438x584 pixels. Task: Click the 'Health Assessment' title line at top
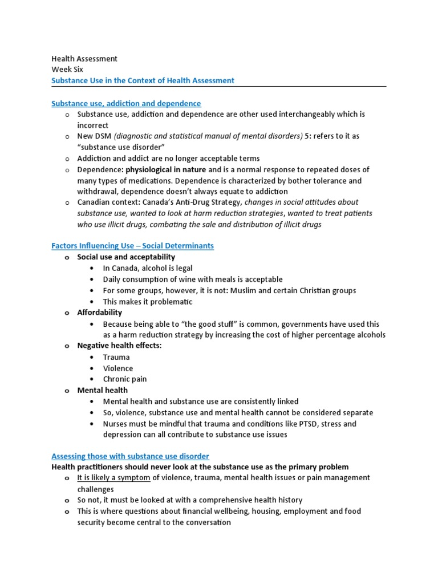84,59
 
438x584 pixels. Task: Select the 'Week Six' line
67,70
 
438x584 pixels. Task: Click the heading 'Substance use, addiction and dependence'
126,103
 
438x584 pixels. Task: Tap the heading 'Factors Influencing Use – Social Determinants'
132,246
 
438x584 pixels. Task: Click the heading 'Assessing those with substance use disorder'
130,456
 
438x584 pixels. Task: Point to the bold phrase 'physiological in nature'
166,170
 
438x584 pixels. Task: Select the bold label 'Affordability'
100,313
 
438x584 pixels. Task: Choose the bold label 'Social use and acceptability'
126,257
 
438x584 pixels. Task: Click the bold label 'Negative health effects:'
119,346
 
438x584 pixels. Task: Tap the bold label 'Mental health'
103,390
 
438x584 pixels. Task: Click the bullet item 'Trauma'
116,357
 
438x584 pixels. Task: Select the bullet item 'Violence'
118,368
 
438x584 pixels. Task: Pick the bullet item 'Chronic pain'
125,379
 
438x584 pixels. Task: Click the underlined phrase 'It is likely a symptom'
114,478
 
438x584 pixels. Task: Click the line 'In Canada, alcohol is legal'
148,268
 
